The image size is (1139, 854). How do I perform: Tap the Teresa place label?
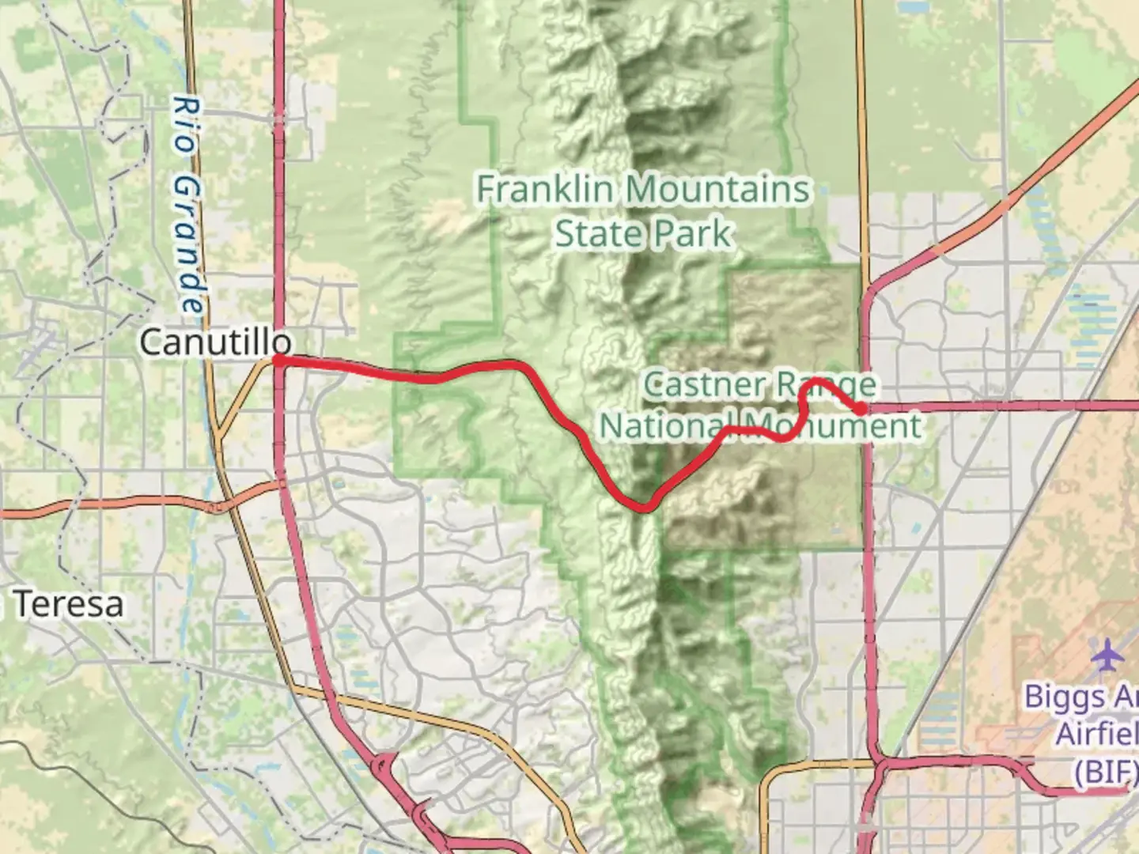click(69, 604)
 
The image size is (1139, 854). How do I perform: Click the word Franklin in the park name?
click(545, 190)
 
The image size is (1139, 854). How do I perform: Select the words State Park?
click(643, 234)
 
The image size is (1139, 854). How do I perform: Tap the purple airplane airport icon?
click(1107, 656)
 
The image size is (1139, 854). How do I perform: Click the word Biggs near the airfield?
click(1064, 697)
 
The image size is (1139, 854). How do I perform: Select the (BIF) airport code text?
click(1104, 770)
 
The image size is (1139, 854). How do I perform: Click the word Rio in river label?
click(184, 124)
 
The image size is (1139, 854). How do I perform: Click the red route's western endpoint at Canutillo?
click(278, 361)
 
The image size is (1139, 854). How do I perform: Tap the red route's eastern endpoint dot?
click(860, 408)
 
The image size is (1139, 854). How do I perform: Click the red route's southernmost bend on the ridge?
click(645, 508)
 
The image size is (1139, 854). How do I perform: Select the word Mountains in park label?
click(721, 190)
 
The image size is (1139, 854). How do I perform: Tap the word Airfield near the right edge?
click(1098, 734)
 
